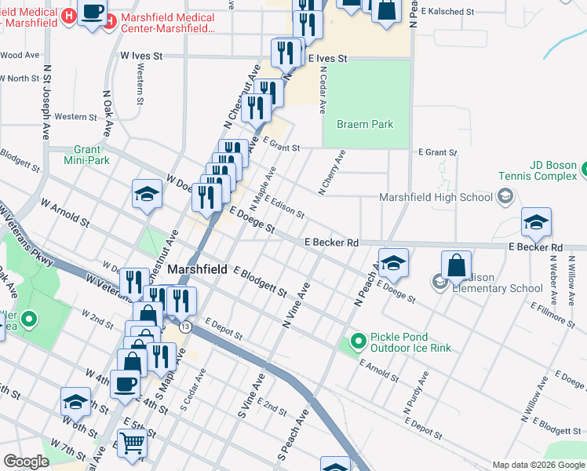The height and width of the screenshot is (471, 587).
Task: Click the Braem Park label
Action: (x=364, y=124)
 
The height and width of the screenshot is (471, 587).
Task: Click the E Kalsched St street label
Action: (x=447, y=13)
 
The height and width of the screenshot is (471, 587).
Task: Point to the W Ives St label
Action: (x=141, y=57)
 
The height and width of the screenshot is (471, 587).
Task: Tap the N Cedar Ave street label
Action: (x=323, y=88)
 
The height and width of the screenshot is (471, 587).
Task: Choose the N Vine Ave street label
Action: (x=297, y=307)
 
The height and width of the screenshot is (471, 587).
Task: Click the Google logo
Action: (x=26, y=462)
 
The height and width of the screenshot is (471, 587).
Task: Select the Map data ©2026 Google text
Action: (x=538, y=465)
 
